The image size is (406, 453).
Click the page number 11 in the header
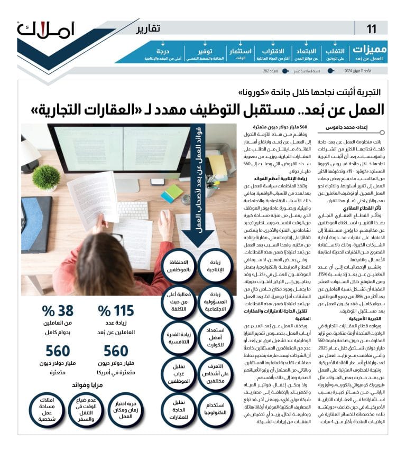(x=372, y=29)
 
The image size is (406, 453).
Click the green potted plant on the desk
(x=46, y=177)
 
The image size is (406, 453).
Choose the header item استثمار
(x=241, y=50)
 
